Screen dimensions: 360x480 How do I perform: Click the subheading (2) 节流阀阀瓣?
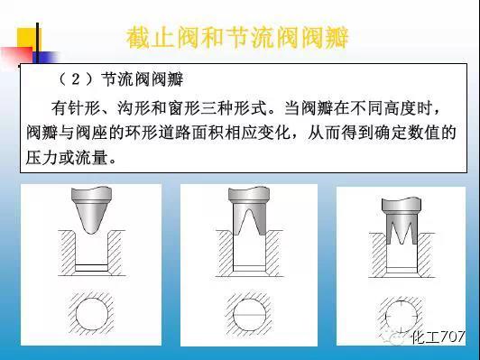[x=131, y=78]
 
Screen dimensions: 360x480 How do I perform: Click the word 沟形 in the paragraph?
[x=146, y=109]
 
